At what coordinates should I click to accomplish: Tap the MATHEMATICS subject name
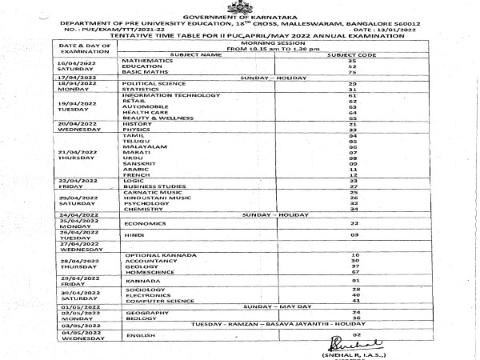(147, 61)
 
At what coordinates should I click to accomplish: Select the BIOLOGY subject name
(138, 318)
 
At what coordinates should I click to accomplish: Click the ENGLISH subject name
(138, 335)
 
